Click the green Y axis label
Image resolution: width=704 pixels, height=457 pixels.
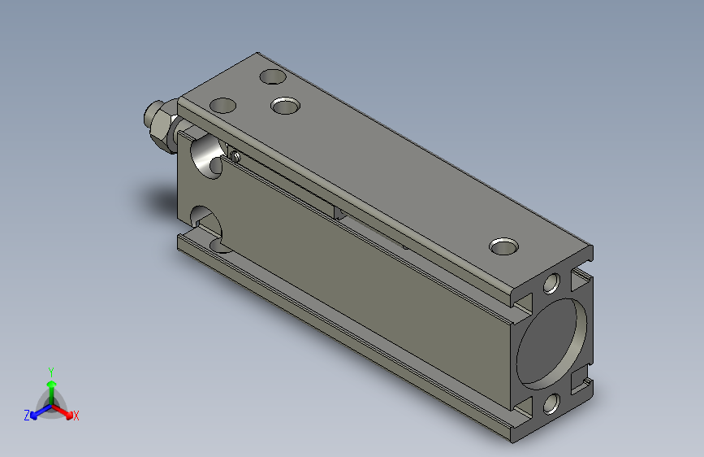[x=51, y=372]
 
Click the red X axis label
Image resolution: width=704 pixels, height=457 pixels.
[x=76, y=416]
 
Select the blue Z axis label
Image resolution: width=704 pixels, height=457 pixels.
[x=27, y=416]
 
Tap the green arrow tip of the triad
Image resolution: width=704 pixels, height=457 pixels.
[x=52, y=384]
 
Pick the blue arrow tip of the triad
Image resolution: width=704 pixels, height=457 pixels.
[x=33, y=416]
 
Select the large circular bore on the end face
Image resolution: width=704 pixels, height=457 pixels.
[x=552, y=344]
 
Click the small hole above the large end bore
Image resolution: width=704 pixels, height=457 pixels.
[x=552, y=284]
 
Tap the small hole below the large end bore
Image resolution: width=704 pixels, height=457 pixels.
[x=551, y=403]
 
